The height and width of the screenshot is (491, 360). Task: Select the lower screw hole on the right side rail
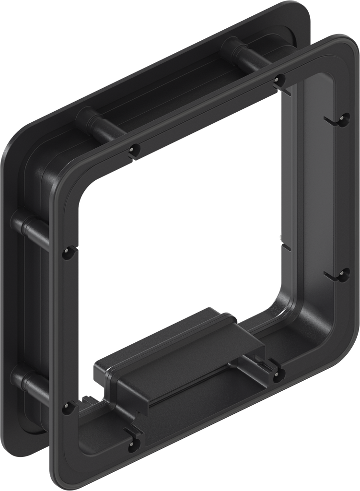click(343, 276)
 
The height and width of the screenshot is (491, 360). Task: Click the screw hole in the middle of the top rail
click(134, 150)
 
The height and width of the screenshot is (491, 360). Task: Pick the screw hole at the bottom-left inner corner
click(68, 408)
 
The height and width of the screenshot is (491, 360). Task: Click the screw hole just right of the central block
click(278, 376)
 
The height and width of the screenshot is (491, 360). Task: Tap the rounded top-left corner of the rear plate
click(19, 139)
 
